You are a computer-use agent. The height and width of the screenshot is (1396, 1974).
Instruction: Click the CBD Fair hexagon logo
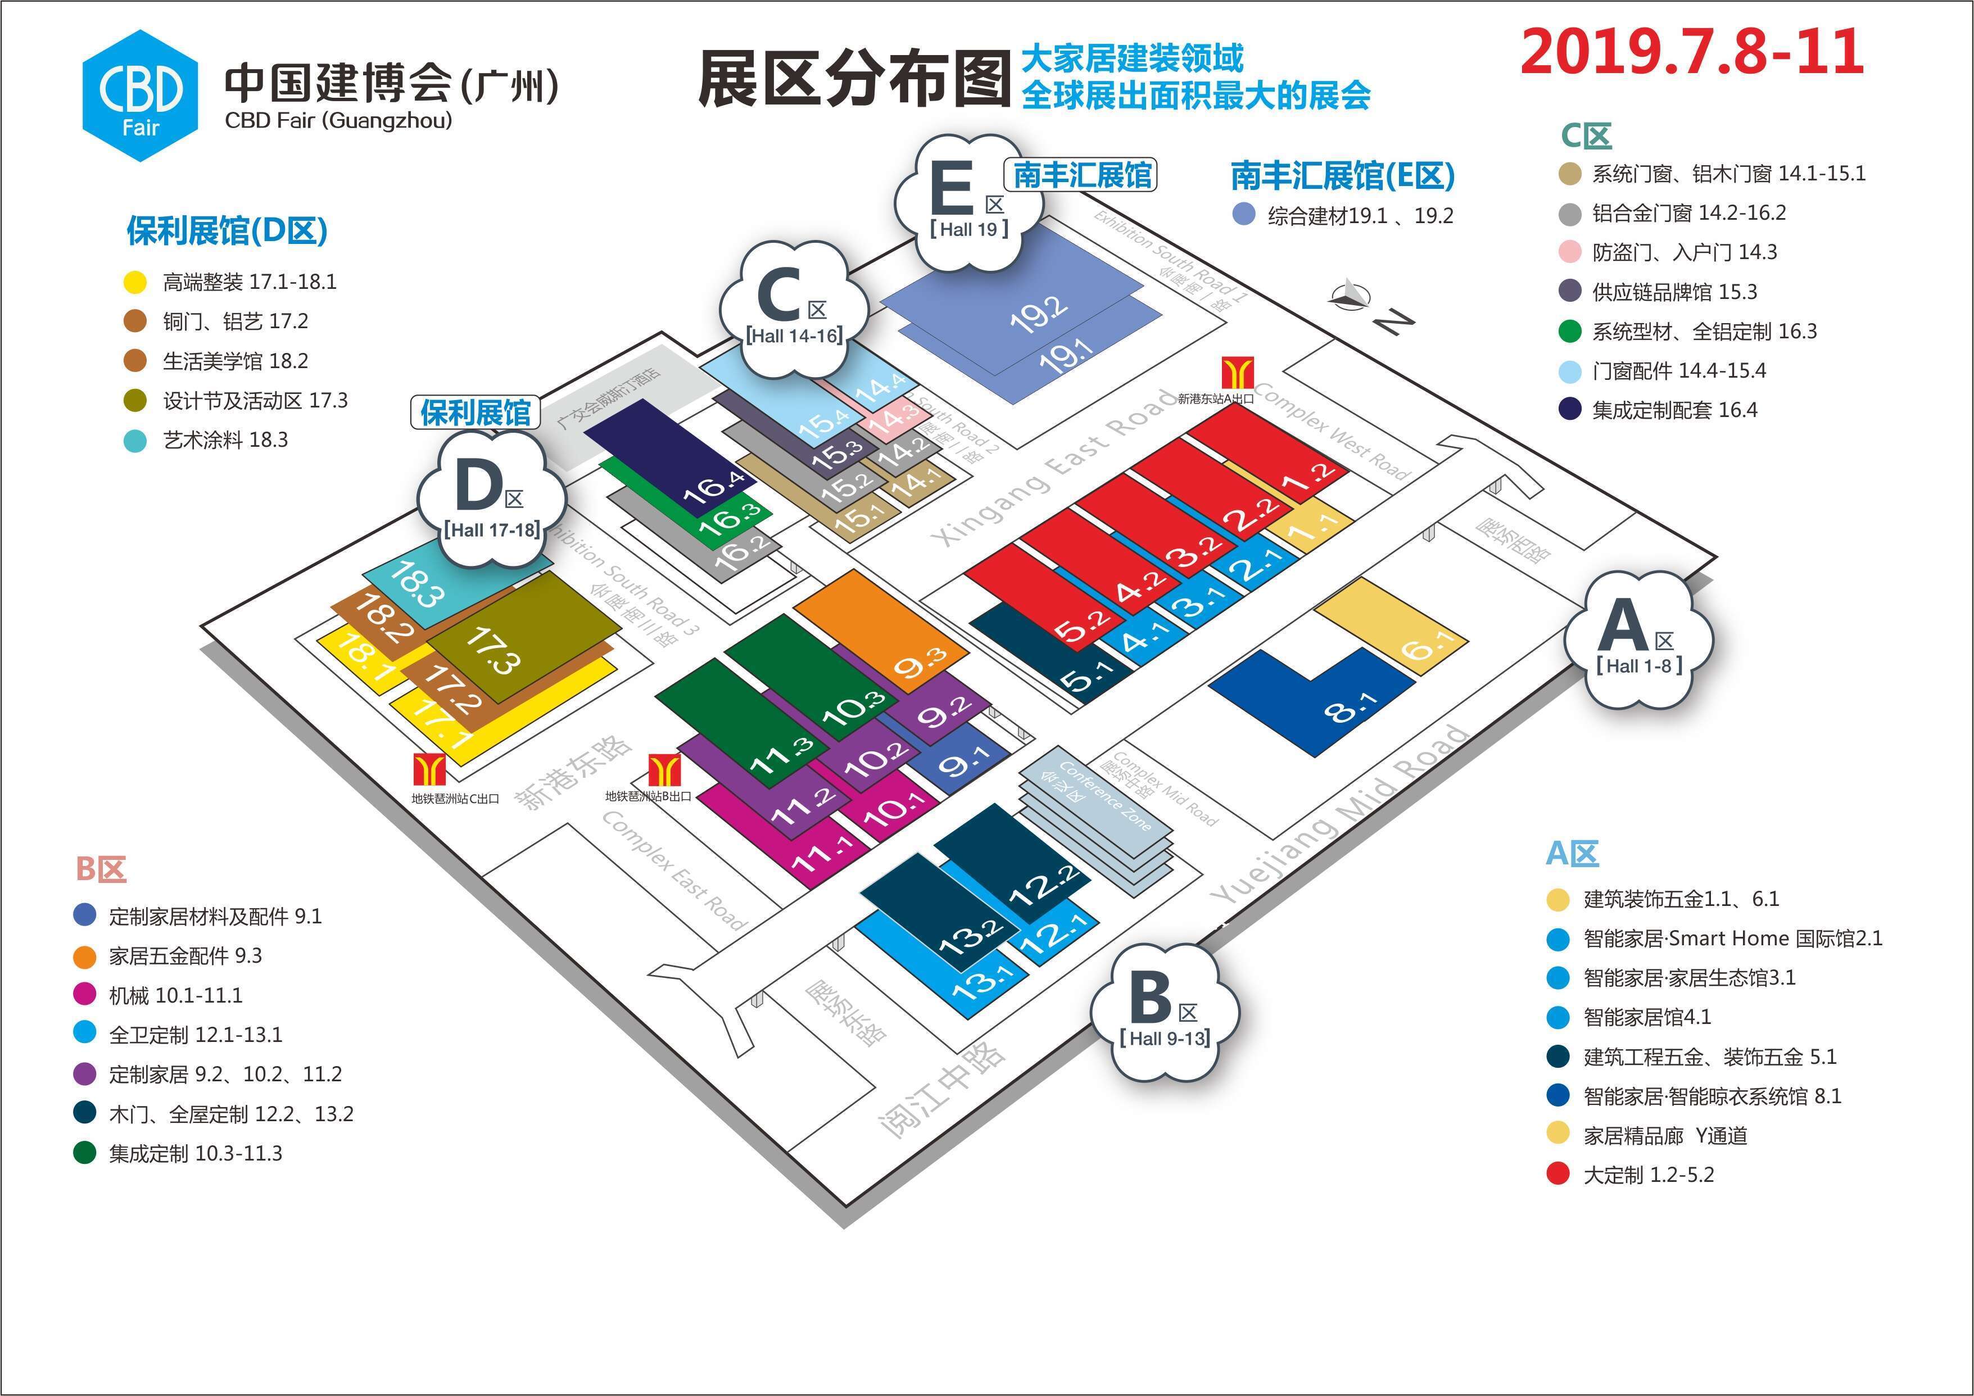(x=140, y=96)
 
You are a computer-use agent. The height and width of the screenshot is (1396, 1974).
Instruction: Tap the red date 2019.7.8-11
(x=1692, y=52)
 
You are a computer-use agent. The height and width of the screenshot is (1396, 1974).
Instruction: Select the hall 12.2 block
(x=1015, y=860)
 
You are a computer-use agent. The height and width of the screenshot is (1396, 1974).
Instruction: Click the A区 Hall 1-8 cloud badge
(x=1638, y=641)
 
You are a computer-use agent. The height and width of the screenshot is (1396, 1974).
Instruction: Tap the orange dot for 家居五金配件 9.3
(x=85, y=957)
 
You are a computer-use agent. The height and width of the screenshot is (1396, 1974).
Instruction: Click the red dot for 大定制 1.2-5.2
(x=1558, y=1174)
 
